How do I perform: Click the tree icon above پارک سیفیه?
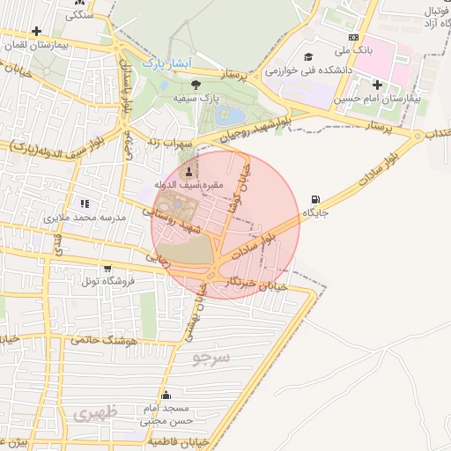pyautogui.click(x=196, y=85)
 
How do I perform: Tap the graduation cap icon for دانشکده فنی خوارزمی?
pyautogui.click(x=308, y=56)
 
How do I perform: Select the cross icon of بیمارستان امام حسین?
pyautogui.click(x=378, y=85)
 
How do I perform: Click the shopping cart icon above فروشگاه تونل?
pyautogui.click(x=107, y=269)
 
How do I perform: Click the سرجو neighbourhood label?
pyautogui.click(x=211, y=358)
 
